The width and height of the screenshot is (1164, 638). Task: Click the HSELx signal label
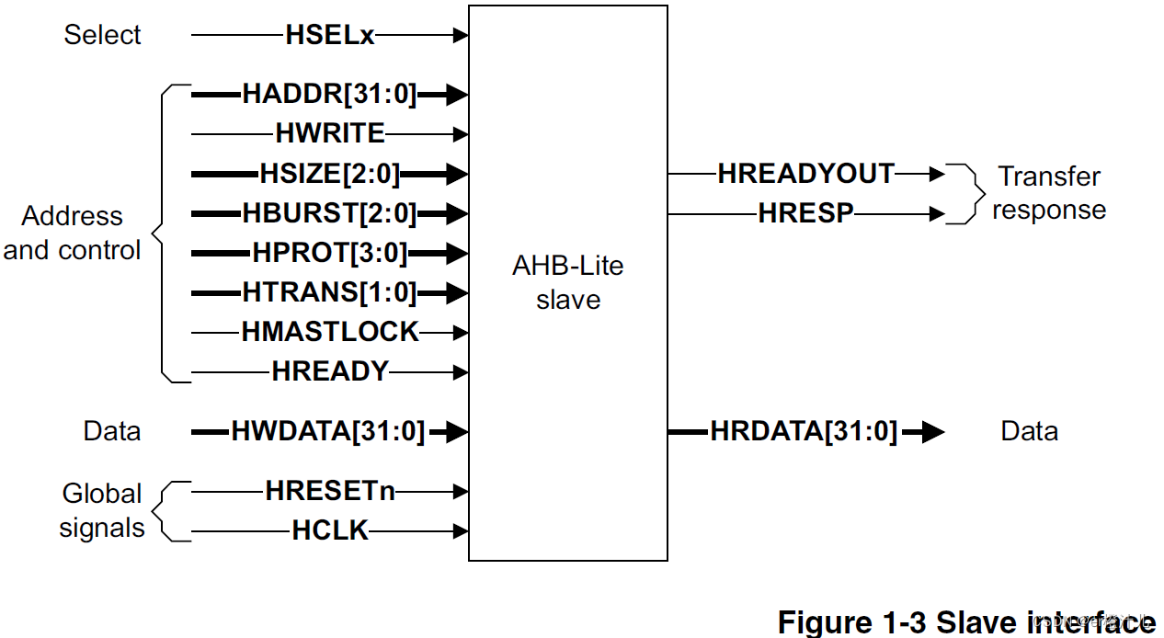[330, 36]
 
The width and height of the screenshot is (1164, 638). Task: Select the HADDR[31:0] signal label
[330, 94]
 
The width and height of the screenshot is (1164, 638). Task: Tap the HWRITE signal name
[330, 134]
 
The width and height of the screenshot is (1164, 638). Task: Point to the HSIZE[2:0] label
[330, 174]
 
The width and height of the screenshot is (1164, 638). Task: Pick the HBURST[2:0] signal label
[330, 214]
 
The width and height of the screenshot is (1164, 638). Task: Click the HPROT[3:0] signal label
[330, 253]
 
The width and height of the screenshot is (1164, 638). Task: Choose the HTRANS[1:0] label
[330, 293]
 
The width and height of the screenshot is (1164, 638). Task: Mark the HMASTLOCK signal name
[330, 332]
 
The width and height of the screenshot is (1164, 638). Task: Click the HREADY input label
[330, 371]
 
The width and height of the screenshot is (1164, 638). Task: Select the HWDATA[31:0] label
[328, 431]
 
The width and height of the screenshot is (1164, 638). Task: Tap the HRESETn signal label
[330, 491]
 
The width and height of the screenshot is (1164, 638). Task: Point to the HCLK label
[330, 530]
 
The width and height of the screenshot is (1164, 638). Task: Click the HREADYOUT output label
[805, 174]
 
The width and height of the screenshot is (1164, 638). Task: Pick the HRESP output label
[805, 214]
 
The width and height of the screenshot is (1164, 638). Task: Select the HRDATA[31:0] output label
[804, 431]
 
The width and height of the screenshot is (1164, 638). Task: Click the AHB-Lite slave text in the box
[567, 283]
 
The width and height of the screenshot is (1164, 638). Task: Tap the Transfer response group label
[1049, 193]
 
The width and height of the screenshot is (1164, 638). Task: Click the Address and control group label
[73, 234]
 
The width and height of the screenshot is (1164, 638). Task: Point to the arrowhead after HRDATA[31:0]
[932, 432]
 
